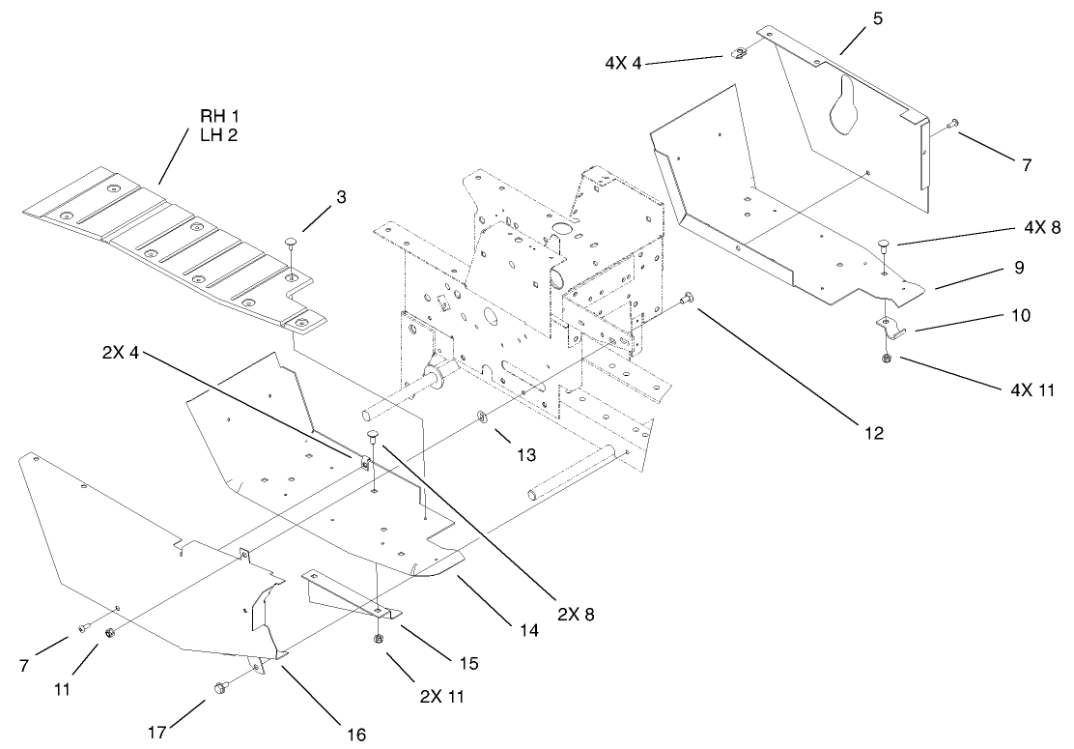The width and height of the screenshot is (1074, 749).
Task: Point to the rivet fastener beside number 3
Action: [290, 243]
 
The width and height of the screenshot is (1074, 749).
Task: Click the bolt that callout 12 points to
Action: [687, 300]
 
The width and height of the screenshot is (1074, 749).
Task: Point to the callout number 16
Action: [355, 734]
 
